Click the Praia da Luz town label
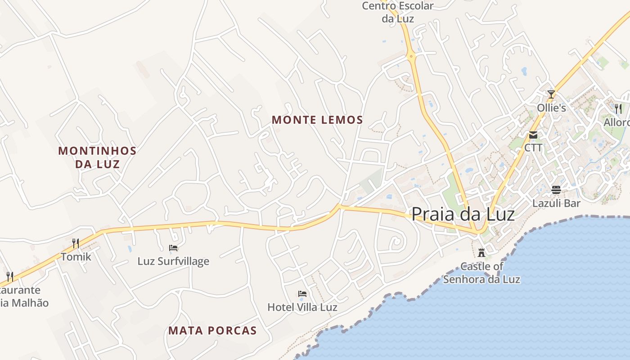463,214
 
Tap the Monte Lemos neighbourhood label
317,120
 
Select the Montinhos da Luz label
97,157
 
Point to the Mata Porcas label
212,331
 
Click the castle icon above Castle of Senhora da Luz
481,252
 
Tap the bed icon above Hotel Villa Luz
302,294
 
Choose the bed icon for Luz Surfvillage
173,247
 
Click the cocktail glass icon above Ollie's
551,94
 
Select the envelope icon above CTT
533,135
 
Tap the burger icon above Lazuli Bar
556,190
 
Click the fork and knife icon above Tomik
76,243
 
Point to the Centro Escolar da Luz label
398,12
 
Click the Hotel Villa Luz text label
302,307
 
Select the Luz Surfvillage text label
173,261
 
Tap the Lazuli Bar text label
556,203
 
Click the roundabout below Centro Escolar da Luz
411,57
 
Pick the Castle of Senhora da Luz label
481,273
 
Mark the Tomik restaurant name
76,257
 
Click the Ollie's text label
551,108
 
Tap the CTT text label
533,148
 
